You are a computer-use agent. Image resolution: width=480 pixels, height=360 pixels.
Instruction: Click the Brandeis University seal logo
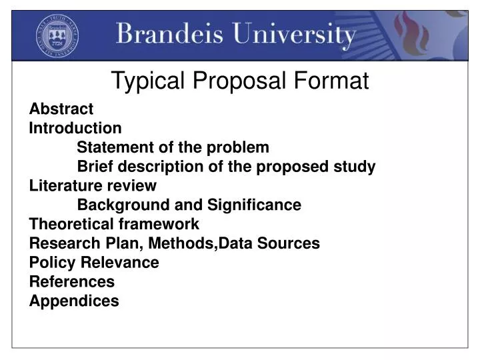point(57,35)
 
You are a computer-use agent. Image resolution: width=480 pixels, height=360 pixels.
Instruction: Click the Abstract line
point(61,109)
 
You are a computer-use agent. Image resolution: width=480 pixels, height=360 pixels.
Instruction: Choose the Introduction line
point(75,128)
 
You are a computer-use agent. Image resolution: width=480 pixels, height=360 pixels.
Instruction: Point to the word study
point(355,167)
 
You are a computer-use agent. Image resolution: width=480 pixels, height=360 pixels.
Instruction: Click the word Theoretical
point(71,224)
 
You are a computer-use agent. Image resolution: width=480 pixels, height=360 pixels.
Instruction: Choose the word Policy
point(53,263)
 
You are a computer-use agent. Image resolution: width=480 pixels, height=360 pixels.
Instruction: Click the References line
point(72,282)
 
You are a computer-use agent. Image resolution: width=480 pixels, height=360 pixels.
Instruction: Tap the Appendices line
point(74,301)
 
